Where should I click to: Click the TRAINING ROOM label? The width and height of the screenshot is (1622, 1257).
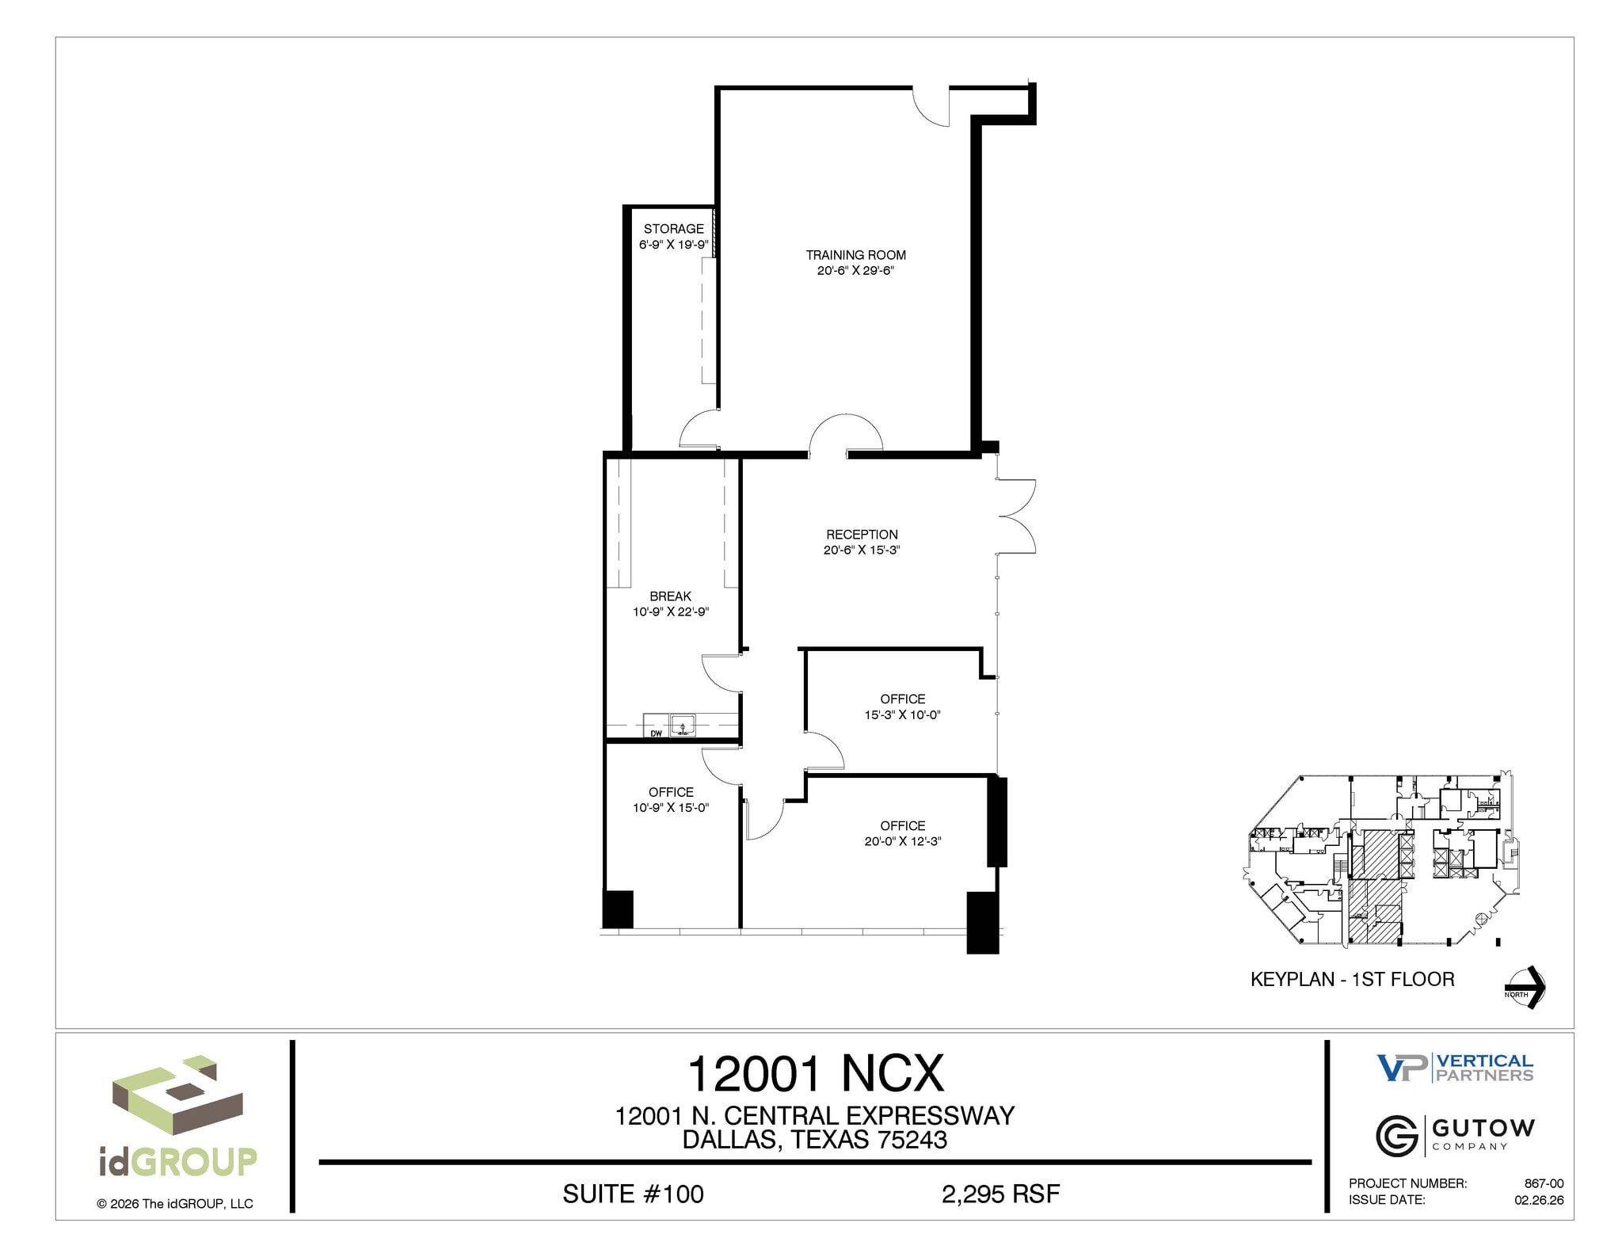tap(855, 255)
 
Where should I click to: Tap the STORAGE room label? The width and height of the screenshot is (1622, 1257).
tap(673, 229)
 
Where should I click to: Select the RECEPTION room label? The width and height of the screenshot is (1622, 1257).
tap(862, 535)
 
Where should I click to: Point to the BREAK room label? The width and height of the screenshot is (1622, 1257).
tap(670, 596)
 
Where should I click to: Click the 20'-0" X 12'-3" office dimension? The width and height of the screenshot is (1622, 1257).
tap(902, 841)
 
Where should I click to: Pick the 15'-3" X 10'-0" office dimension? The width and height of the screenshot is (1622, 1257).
tap(902, 714)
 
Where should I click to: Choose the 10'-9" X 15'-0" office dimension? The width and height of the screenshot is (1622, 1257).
tap(671, 808)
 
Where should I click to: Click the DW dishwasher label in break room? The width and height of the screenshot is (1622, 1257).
tap(656, 733)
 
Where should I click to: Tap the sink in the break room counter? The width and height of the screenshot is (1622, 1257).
tap(683, 726)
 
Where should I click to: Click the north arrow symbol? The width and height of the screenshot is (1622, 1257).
tap(1526, 987)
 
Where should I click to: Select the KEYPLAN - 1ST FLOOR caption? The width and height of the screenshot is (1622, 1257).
tap(1352, 980)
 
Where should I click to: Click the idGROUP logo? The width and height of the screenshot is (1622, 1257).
tap(177, 1118)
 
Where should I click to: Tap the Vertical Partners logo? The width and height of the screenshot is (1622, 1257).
tap(1455, 1068)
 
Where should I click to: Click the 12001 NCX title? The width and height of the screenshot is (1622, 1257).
tap(815, 1074)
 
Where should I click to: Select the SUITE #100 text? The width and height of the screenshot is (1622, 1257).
tap(633, 1194)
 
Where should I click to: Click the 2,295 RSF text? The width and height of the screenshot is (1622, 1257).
tap(1000, 1194)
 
